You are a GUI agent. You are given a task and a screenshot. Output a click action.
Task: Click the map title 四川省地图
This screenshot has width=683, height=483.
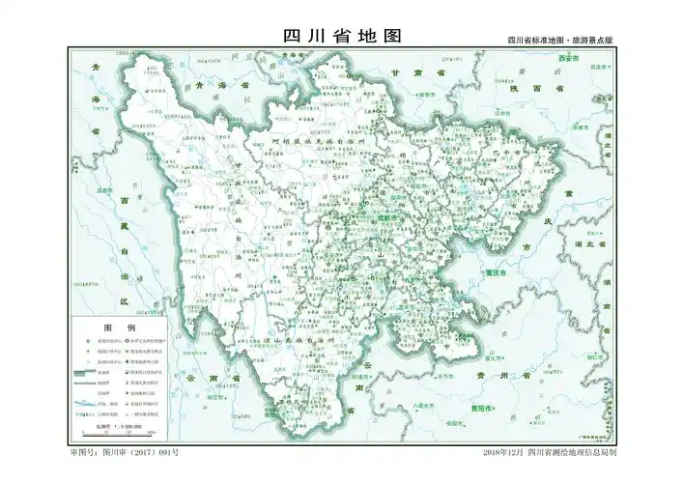(341, 36)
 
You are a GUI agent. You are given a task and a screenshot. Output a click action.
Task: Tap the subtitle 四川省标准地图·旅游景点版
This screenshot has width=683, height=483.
(560, 41)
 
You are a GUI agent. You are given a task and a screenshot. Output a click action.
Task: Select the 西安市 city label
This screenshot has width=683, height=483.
(570, 59)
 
